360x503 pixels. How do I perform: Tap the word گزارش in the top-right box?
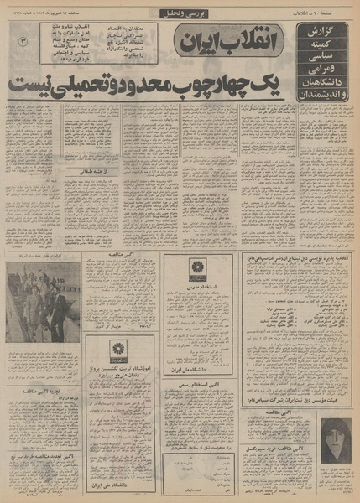(x=324, y=32)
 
